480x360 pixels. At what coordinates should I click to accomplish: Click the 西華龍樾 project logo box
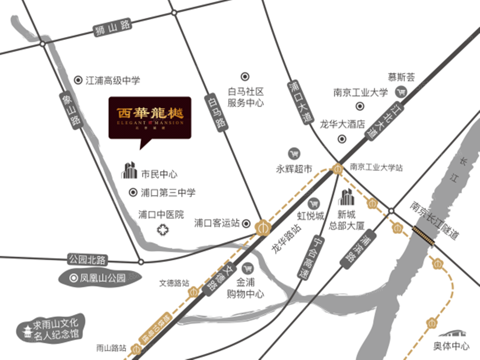tap(150, 118)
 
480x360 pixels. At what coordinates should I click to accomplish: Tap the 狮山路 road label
tap(112, 28)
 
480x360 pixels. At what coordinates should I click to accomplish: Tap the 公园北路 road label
tap(88, 259)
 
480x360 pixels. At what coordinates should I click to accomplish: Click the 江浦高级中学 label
tap(112, 80)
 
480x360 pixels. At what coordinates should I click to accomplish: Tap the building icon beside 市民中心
tap(129, 171)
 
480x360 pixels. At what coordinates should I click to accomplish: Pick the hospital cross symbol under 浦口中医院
tap(163, 229)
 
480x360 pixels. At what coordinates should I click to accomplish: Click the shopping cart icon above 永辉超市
tap(294, 154)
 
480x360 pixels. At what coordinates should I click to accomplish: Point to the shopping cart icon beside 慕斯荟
tap(402, 91)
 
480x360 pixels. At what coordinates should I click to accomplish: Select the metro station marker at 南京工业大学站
tap(337, 169)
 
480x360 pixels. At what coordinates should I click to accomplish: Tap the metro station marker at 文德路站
tap(193, 291)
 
